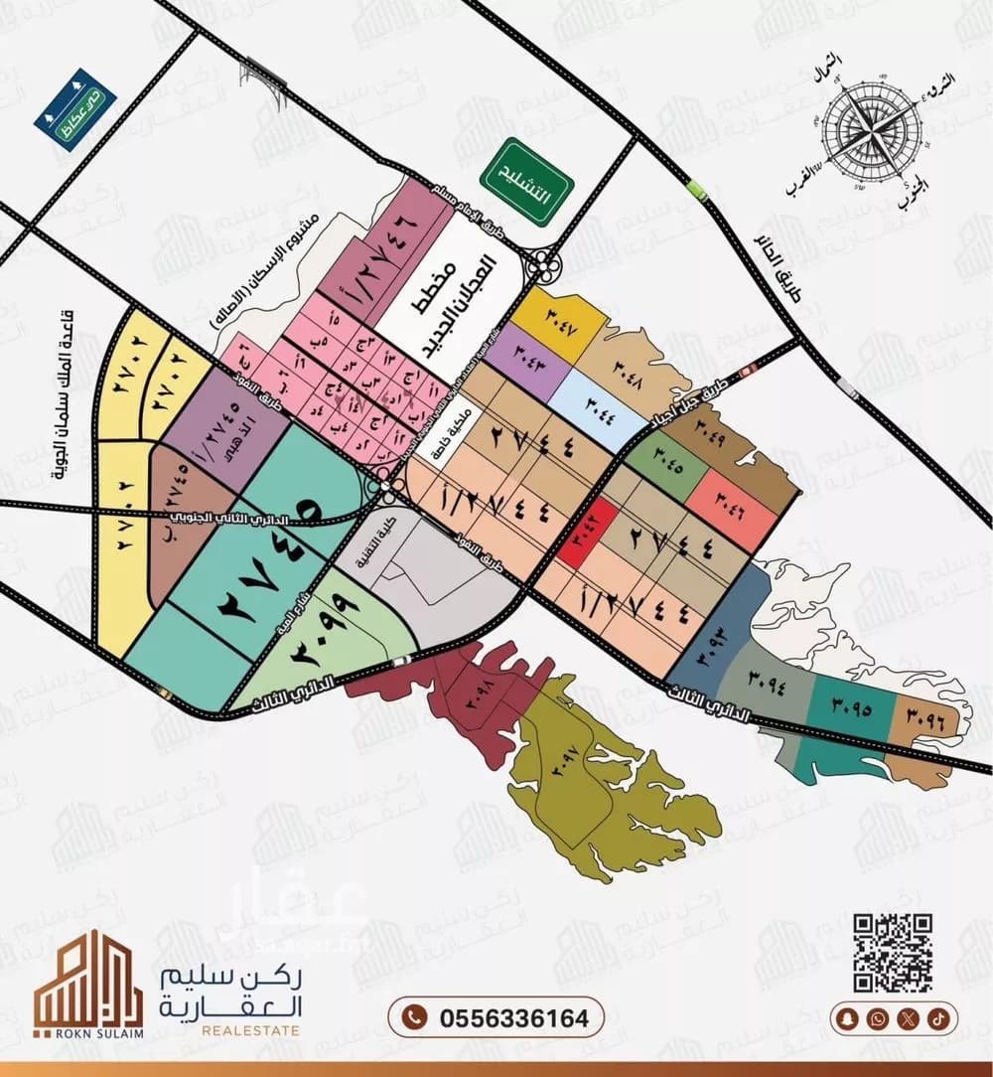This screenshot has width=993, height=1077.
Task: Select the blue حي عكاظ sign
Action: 74,109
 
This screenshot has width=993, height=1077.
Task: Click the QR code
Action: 893,953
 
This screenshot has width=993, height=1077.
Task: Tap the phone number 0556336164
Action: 496,1017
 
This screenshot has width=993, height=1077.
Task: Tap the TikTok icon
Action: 938,1018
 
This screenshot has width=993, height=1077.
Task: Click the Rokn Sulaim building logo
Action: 87,984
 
